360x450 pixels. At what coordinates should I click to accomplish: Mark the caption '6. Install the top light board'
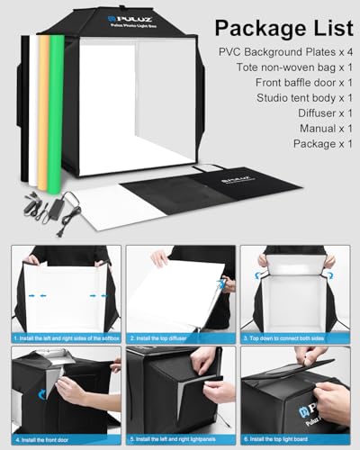pos(287,439)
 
